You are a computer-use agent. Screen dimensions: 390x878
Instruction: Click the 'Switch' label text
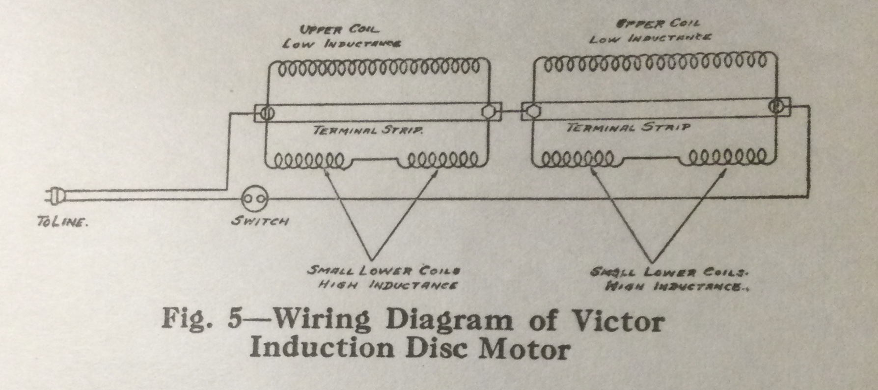click(x=260, y=222)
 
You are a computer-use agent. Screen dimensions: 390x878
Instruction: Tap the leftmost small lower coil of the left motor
click(x=309, y=160)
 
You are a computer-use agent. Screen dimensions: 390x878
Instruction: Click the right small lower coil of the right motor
click(x=727, y=158)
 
